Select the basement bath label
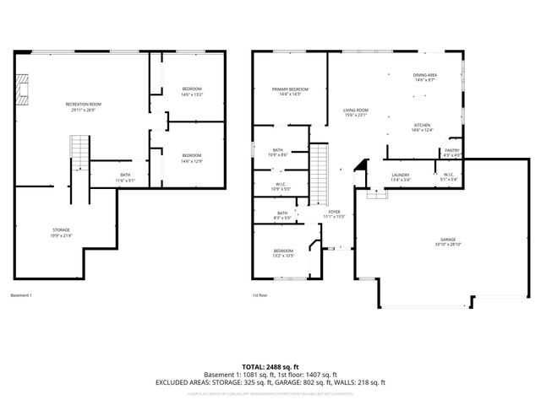(x=124, y=177)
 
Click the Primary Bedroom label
(x=289, y=91)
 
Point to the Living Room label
(x=355, y=112)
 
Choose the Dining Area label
(x=424, y=78)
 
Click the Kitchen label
(x=422, y=127)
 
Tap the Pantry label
(x=452, y=153)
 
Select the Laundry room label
(x=400, y=176)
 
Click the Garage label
(x=447, y=242)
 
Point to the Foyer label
(x=335, y=214)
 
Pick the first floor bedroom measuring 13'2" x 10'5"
(x=282, y=253)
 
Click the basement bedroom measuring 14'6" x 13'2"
(x=192, y=91)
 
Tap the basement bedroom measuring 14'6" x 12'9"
(x=192, y=157)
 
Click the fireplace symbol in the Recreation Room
(x=25, y=88)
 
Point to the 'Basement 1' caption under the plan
(x=20, y=295)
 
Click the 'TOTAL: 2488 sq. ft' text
(x=270, y=366)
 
